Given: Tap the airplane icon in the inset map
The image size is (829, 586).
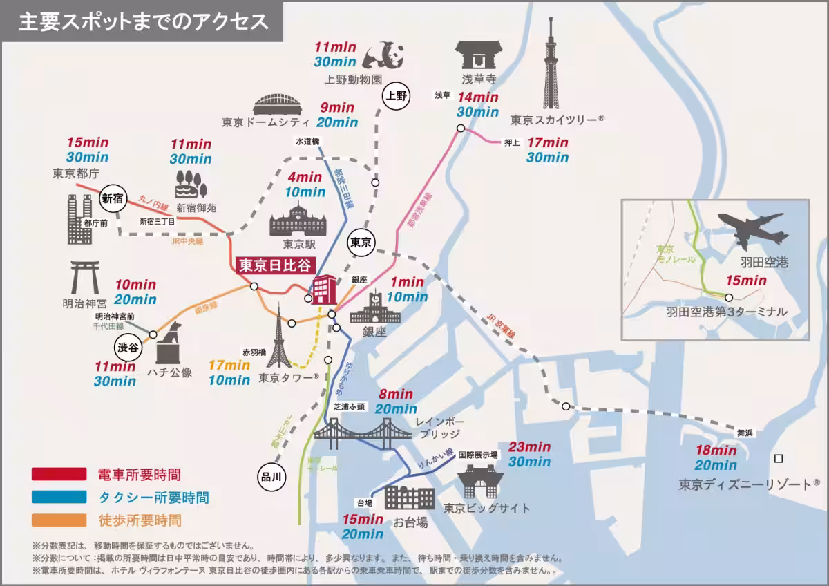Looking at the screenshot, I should [x=753, y=228].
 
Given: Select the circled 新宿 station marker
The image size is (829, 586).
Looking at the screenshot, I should [x=113, y=199].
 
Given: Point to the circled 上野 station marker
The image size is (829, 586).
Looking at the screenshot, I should [x=397, y=96].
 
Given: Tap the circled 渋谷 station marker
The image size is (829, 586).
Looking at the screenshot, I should [x=126, y=348].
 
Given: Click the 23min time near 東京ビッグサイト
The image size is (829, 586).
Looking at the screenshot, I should [x=529, y=446].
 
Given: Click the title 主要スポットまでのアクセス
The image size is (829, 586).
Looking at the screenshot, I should [x=143, y=21].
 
